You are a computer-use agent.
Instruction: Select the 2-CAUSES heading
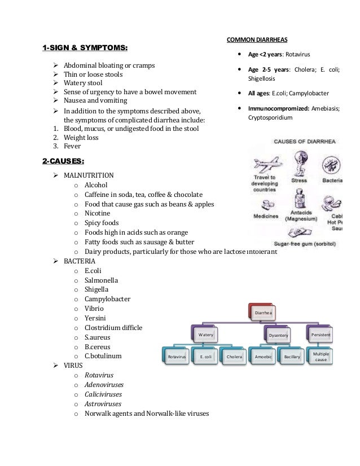click(x=63, y=162)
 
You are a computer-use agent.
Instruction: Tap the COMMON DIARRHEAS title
click(x=257, y=39)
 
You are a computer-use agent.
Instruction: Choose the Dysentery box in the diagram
click(x=278, y=336)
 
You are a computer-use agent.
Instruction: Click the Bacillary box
click(x=292, y=357)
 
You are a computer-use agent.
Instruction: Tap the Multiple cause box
click(x=321, y=356)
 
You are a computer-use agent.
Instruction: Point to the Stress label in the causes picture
click(x=298, y=181)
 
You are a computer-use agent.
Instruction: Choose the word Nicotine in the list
click(x=97, y=213)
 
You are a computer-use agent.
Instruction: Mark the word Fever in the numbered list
click(x=72, y=146)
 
